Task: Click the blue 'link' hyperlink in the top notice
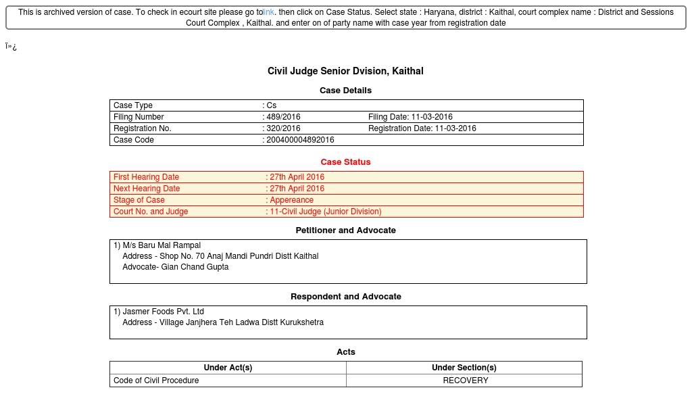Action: pyautogui.click(x=269, y=12)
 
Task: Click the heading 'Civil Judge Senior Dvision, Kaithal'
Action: pyautogui.click(x=345, y=71)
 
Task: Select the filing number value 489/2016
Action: pyautogui.click(x=284, y=117)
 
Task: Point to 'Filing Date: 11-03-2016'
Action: pyautogui.click(x=410, y=117)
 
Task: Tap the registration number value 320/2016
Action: pyautogui.click(x=284, y=128)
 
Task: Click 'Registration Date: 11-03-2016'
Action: pyautogui.click(x=422, y=128)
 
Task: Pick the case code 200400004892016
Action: pyautogui.click(x=300, y=140)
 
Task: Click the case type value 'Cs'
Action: pyautogui.click(x=272, y=105)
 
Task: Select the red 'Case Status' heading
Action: pyautogui.click(x=345, y=162)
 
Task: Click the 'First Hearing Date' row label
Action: pyautogui.click(x=146, y=177)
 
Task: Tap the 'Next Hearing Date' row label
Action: pyautogui.click(x=147, y=189)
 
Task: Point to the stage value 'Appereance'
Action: pyautogui.click(x=291, y=200)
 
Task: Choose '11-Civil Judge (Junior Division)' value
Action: pyautogui.click(x=325, y=212)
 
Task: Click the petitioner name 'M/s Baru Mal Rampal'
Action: pyautogui.click(x=162, y=245)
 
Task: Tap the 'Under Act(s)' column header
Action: pyautogui.click(x=228, y=368)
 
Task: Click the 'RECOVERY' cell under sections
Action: pyautogui.click(x=465, y=381)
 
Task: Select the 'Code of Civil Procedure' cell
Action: pyautogui.click(x=156, y=381)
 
